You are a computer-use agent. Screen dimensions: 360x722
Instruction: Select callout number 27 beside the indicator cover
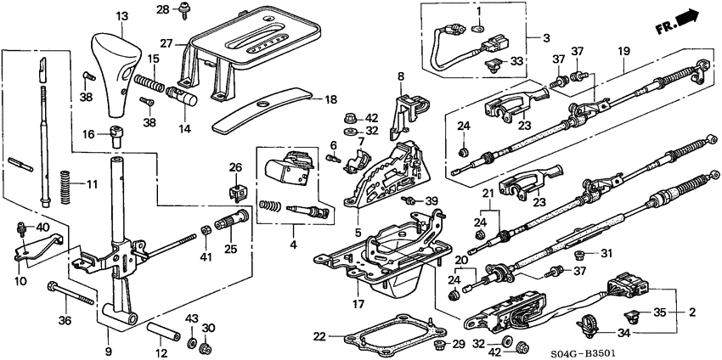point(166,42)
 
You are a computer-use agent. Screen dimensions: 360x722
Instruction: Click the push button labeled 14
point(184,96)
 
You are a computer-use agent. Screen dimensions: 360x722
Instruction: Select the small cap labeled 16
point(116,132)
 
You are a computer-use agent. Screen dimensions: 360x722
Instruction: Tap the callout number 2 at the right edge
point(692,312)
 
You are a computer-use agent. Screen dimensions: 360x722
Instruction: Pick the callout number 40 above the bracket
point(42,227)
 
